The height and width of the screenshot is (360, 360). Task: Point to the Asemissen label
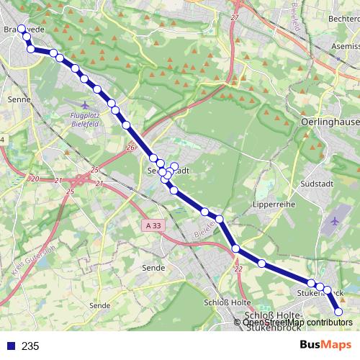[x=345, y=45]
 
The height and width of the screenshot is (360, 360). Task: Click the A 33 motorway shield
[x=152, y=226]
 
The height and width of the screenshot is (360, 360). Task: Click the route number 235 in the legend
[x=30, y=346]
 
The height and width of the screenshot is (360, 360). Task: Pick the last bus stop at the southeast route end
[x=338, y=311]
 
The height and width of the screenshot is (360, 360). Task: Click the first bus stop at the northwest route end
[x=22, y=30]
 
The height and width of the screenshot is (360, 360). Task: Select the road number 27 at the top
[x=235, y=17]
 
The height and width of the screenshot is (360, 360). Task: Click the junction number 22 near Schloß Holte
[x=238, y=268]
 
